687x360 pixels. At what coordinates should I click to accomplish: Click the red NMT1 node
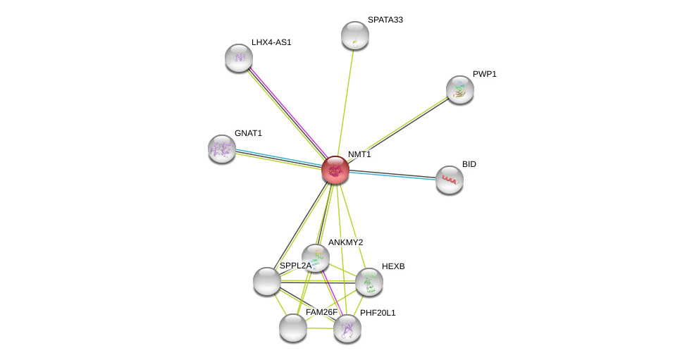(x=335, y=170)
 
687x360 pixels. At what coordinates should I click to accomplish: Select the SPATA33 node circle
(x=354, y=35)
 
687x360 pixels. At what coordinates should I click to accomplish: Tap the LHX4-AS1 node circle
(x=239, y=58)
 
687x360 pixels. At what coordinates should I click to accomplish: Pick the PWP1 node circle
(x=459, y=89)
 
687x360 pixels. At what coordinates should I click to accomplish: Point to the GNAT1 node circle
(x=222, y=149)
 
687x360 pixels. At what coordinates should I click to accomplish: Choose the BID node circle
(x=449, y=180)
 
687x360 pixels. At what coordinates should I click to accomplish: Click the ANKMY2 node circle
(x=315, y=257)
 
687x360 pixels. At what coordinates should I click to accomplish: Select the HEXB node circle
(x=369, y=282)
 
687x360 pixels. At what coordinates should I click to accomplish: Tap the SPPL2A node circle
(x=267, y=281)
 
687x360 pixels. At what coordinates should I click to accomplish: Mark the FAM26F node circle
(x=293, y=328)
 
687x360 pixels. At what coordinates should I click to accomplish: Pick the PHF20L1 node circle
(x=347, y=328)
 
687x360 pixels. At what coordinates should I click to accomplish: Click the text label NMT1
(x=359, y=154)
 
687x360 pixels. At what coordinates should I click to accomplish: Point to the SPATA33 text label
(x=385, y=20)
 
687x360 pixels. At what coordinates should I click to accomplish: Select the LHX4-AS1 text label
(x=271, y=42)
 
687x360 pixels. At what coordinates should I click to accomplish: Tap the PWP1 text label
(x=484, y=74)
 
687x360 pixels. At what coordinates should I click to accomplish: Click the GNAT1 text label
(x=248, y=133)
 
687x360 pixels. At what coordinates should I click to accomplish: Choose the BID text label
(x=469, y=164)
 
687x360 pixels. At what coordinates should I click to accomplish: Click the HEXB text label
(x=393, y=266)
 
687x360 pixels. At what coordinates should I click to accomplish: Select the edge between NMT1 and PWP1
(x=397, y=130)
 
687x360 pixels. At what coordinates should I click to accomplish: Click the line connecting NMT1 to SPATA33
(x=345, y=103)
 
